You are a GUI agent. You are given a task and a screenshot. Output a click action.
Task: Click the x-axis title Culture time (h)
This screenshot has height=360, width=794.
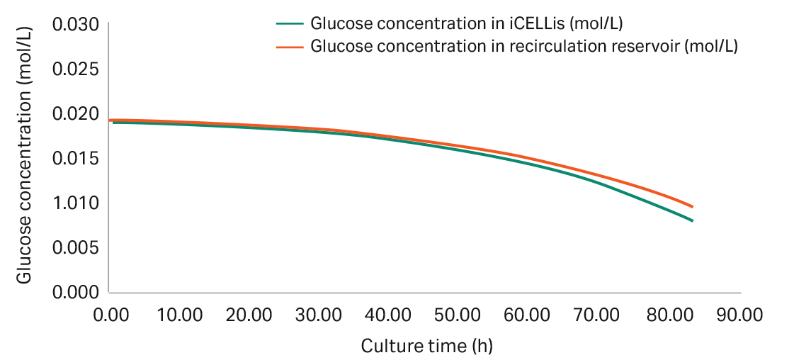tap(426, 347)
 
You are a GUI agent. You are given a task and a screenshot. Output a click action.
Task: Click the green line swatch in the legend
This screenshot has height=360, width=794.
tap(290, 23)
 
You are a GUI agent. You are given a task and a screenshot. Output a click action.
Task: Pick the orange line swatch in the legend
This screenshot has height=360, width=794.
tap(290, 47)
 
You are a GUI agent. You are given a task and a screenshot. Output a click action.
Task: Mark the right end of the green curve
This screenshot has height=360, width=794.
tap(692, 221)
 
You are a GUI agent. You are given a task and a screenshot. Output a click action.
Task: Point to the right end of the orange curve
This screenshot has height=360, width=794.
tap(692, 207)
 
